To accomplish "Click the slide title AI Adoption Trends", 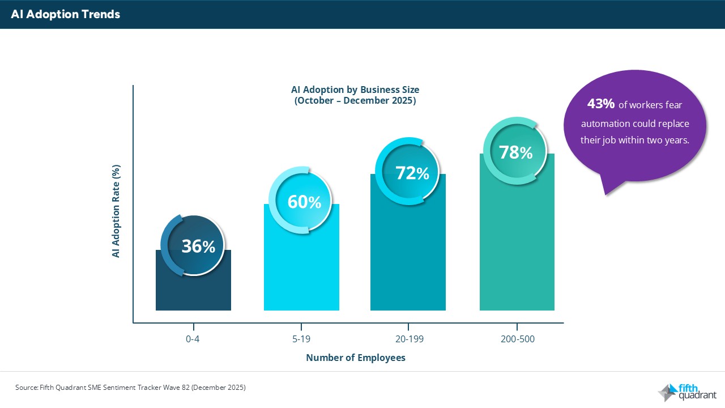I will tap(66, 15).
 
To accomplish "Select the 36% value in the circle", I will tap(198, 246).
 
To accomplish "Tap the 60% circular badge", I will tap(304, 202).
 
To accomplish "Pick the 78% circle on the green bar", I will tap(515, 152).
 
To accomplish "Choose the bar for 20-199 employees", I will tap(408, 255).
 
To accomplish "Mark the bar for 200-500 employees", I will tap(517, 244).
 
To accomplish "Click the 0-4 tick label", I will tap(194, 340).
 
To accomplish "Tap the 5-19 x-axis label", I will tap(301, 340).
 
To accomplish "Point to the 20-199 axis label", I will tap(408, 340).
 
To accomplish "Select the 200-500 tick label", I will tap(517, 340).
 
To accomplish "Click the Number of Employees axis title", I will tap(356, 358).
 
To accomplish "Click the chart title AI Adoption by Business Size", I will tap(355, 90).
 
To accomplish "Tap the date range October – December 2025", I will tap(355, 101).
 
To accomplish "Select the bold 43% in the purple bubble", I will tap(600, 104).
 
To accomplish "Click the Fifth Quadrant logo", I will tap(687, 392).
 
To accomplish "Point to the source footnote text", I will tap(130, 388).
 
